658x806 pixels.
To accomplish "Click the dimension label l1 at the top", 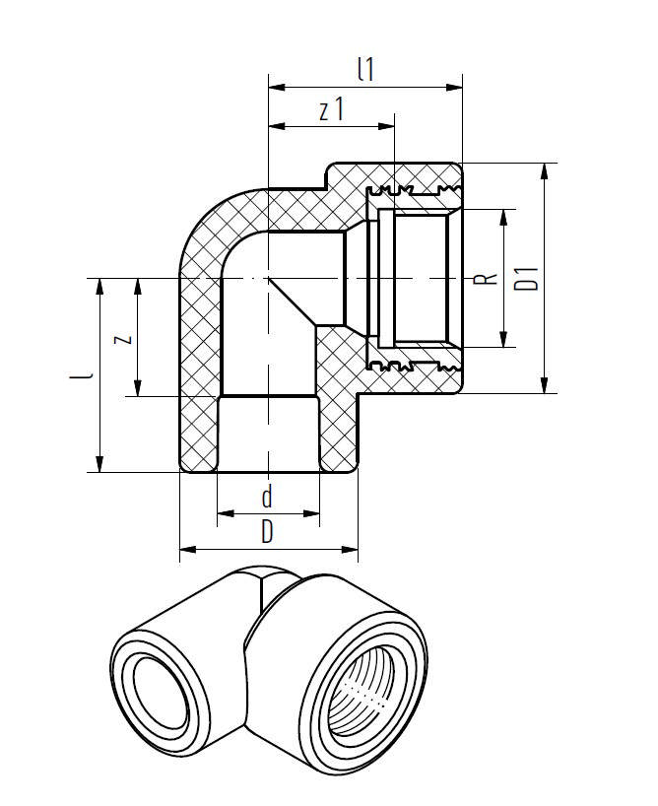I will tap(365, 69).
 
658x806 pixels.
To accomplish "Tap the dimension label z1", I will tap(331, 109).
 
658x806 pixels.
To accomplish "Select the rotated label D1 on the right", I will tap(529, 278).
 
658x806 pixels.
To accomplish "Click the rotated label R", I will tap(482, 279).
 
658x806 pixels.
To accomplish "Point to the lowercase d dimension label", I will tap(266, 498).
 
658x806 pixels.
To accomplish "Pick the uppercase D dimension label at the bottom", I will tap(266, 533).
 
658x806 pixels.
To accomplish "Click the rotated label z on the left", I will tap(121, 338).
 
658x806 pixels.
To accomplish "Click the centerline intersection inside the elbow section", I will tap(268, 279).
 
